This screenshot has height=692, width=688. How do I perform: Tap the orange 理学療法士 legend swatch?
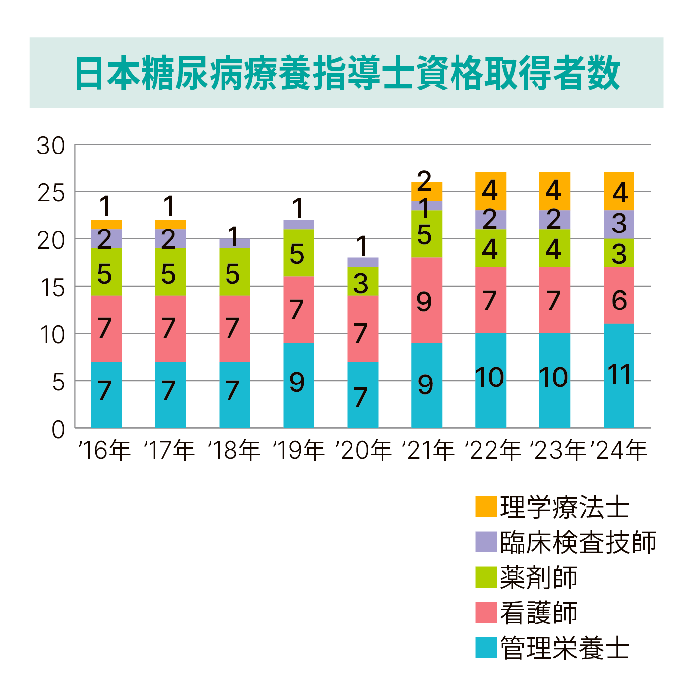click(485, 506)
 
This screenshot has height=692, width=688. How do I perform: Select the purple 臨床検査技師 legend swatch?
click(485, 541)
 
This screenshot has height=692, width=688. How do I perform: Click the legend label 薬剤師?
click(538, 577)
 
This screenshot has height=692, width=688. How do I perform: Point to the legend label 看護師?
click(538, 613)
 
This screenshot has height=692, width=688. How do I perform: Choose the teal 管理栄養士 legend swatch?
click(485, 648)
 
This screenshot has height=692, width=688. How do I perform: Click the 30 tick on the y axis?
click(51, 146)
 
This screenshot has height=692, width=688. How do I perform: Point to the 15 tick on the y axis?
click(51, 288)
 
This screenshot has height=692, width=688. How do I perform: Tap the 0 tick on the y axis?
click(58, 429)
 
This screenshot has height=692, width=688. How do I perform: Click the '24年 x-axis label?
click(619, 450)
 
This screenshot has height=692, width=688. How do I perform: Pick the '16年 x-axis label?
click(104, 450)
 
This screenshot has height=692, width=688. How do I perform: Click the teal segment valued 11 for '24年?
click(619, 376)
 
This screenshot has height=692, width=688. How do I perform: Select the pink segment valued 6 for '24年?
click(619, 296)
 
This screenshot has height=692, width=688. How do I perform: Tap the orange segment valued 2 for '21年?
click(427, 191)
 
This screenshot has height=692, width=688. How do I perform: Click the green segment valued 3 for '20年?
click(363, 281)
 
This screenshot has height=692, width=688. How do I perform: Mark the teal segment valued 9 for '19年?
click(299, 385)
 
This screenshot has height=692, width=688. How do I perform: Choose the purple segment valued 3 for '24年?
click(619, 225)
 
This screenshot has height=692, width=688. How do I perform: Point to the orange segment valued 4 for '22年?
click(491, 191)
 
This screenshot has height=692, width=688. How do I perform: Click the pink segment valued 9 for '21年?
click(427, 300)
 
